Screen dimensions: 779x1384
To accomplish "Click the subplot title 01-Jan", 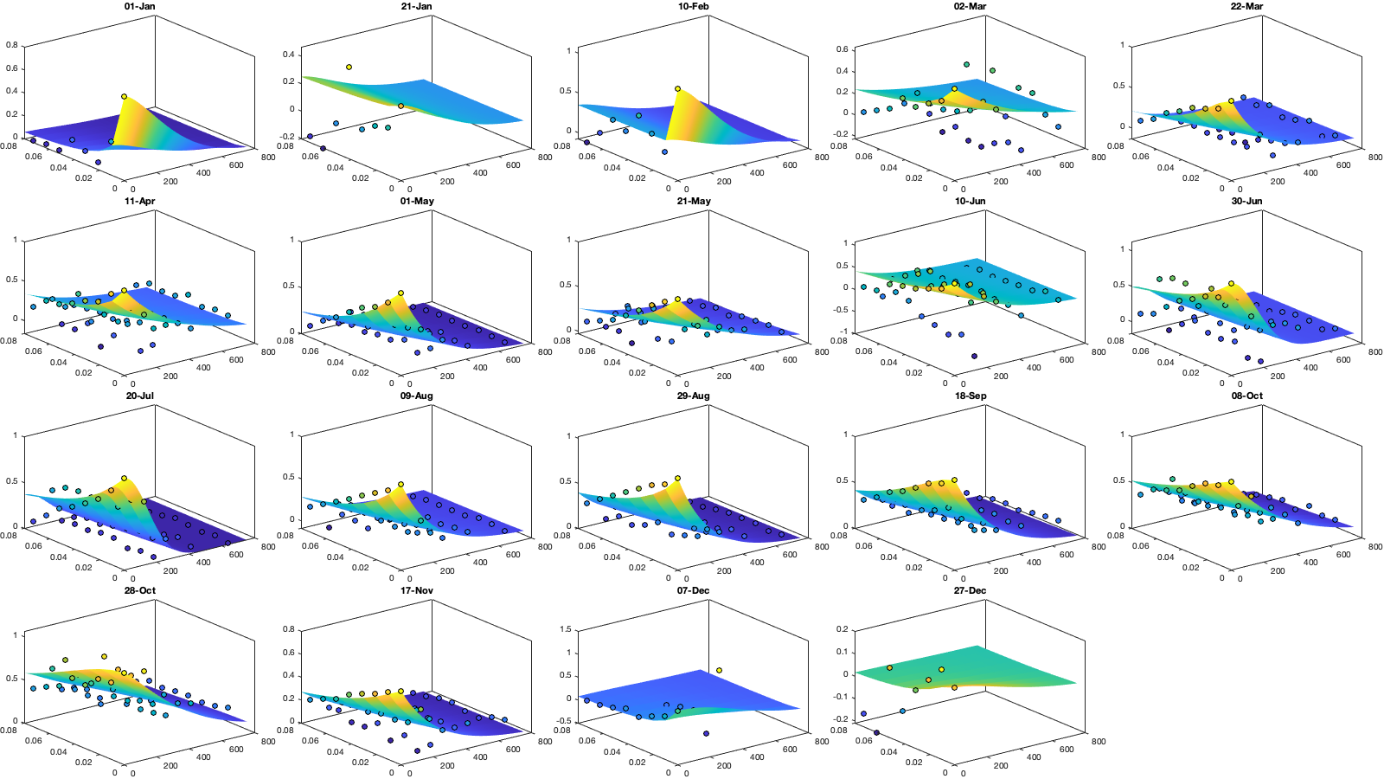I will coord(139,6).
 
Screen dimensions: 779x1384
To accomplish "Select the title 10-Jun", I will coord(970,201).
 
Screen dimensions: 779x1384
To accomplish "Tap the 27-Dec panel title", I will coord(970,590).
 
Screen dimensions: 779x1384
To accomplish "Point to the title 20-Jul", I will coord(139,396).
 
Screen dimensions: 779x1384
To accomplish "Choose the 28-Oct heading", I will coord(139,590).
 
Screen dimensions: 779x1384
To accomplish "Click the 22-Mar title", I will coord(1246,6).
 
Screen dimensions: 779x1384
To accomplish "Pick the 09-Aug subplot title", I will coord(416,396).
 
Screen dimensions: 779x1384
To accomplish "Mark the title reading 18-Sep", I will coord(970,396).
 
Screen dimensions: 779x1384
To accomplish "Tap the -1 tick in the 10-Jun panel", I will coord(845,332).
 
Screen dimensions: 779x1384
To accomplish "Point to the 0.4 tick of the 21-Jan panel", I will coord(289,55).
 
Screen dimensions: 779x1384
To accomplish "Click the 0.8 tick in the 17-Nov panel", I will coord(289,629).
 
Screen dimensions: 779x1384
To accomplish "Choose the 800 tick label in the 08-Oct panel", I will coord(1375,546).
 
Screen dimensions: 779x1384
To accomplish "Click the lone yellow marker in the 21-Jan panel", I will coord(349,67).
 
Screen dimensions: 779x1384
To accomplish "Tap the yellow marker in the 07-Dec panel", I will coord(719,670).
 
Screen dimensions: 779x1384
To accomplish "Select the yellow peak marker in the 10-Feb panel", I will coord(677,88).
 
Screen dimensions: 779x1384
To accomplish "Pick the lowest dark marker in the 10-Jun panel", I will coord(974,356).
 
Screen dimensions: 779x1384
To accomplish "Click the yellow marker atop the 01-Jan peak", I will coord(124,96).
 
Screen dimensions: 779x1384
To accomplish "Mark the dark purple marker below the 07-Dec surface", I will coord(706,733).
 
